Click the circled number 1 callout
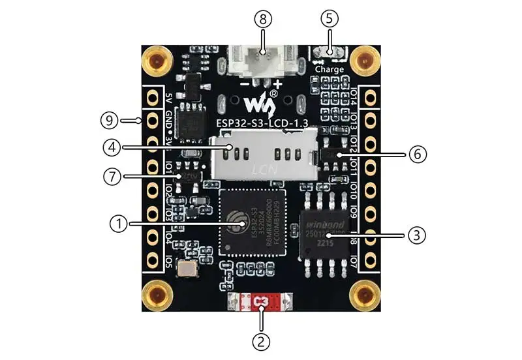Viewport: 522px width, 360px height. coord(118,224)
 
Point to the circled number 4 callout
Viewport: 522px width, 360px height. coord(111,147)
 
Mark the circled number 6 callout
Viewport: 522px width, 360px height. coord(418,155)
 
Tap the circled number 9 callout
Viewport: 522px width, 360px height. coord(109,121)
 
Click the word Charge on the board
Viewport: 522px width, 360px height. coord(330,68)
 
